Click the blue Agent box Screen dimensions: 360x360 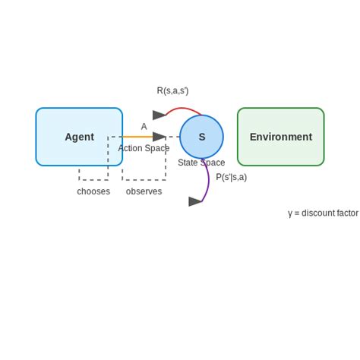click(x=79, y=137)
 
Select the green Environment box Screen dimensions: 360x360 click(x=280, y=137)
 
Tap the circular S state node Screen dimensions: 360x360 click(x=201, y=137)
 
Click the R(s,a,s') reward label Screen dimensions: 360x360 click(x=172, y=90)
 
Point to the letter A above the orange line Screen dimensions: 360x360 click(x=144, y=127)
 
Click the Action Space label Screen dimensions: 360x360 click(x=144, y=148)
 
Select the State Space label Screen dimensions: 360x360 click(x=201, y=163)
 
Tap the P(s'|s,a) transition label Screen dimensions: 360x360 click(x=231, y=177)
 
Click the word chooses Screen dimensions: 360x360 click(x=93, y=191)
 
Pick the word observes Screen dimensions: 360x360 click(x=144, y=191)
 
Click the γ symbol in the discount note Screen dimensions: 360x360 click(x=290, y=213)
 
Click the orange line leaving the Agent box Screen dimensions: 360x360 click(x=137, y=137)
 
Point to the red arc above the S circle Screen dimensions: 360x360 click(x=185, y=109)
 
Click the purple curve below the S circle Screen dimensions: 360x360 click(x=208, y=182)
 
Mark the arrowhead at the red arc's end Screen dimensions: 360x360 click(x=159, y=115)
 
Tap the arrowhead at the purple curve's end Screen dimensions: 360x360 click(x=195, y=201)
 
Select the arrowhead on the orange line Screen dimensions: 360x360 click(x=159, y=137)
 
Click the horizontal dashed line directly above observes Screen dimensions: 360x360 click(x=144, y=180)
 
